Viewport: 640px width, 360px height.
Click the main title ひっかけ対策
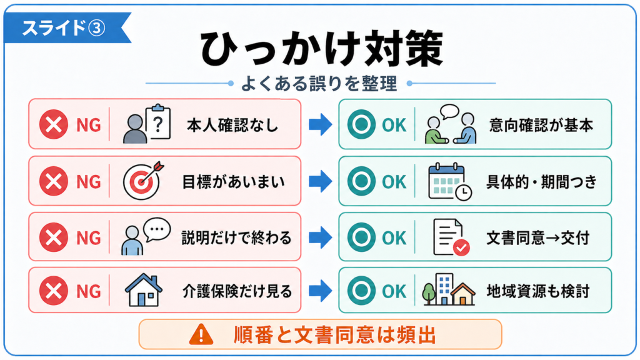tap(322, 49)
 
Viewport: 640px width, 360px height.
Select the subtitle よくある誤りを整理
tap(319, 84)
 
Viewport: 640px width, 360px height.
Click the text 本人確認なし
tap(232, 125)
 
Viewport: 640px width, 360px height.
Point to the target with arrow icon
tap(143, 181)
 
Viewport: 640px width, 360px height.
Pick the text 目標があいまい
tap(234, 182)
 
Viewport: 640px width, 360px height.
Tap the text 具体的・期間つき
tap(542, 182)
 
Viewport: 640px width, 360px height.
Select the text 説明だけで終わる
tap(237, 237)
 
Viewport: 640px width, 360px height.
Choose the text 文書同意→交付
tap(538, 237)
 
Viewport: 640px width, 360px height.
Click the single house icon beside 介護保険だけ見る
tap(143, 290)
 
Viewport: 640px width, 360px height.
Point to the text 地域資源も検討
tap(538, 291)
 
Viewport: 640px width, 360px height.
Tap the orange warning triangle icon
tap(201, 334)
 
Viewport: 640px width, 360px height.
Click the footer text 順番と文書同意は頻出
tap(335, 335)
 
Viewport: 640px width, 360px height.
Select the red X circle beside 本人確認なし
tap(54, 124)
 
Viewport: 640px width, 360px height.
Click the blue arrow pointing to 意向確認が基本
tap(321, 124)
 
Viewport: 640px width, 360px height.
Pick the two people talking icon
tap(450, 124)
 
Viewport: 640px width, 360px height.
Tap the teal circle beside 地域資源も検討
tap(361, 291)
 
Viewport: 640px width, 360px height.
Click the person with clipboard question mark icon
tap(146, 124)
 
